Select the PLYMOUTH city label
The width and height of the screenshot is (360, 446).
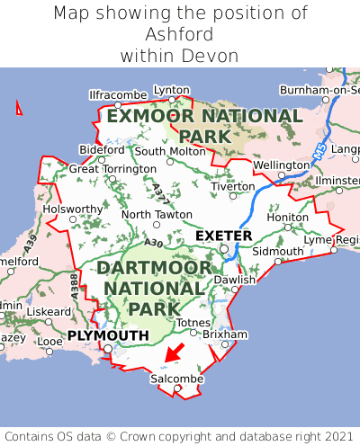tap(108, 335)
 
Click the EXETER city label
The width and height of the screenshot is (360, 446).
tap(223, 236)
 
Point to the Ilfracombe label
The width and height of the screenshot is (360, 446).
tap(118, 94)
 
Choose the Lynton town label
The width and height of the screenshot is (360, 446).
tap(172, 90)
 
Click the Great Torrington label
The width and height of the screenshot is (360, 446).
tap(112, 168)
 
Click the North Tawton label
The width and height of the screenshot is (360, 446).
tap(157, 215)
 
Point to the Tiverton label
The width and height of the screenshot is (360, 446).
tap(234, 186)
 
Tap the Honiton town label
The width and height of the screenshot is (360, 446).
tap(288, 217)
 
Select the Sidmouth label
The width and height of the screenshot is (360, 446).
tap(278, 251)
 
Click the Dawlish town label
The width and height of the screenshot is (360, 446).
tap(235, 280)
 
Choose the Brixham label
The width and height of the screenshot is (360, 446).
tap(225, 334)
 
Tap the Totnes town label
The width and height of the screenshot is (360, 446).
tap(193, 322)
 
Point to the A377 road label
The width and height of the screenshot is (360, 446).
tap(159, 192)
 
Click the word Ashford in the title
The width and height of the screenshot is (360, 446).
tap(179, 34)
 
